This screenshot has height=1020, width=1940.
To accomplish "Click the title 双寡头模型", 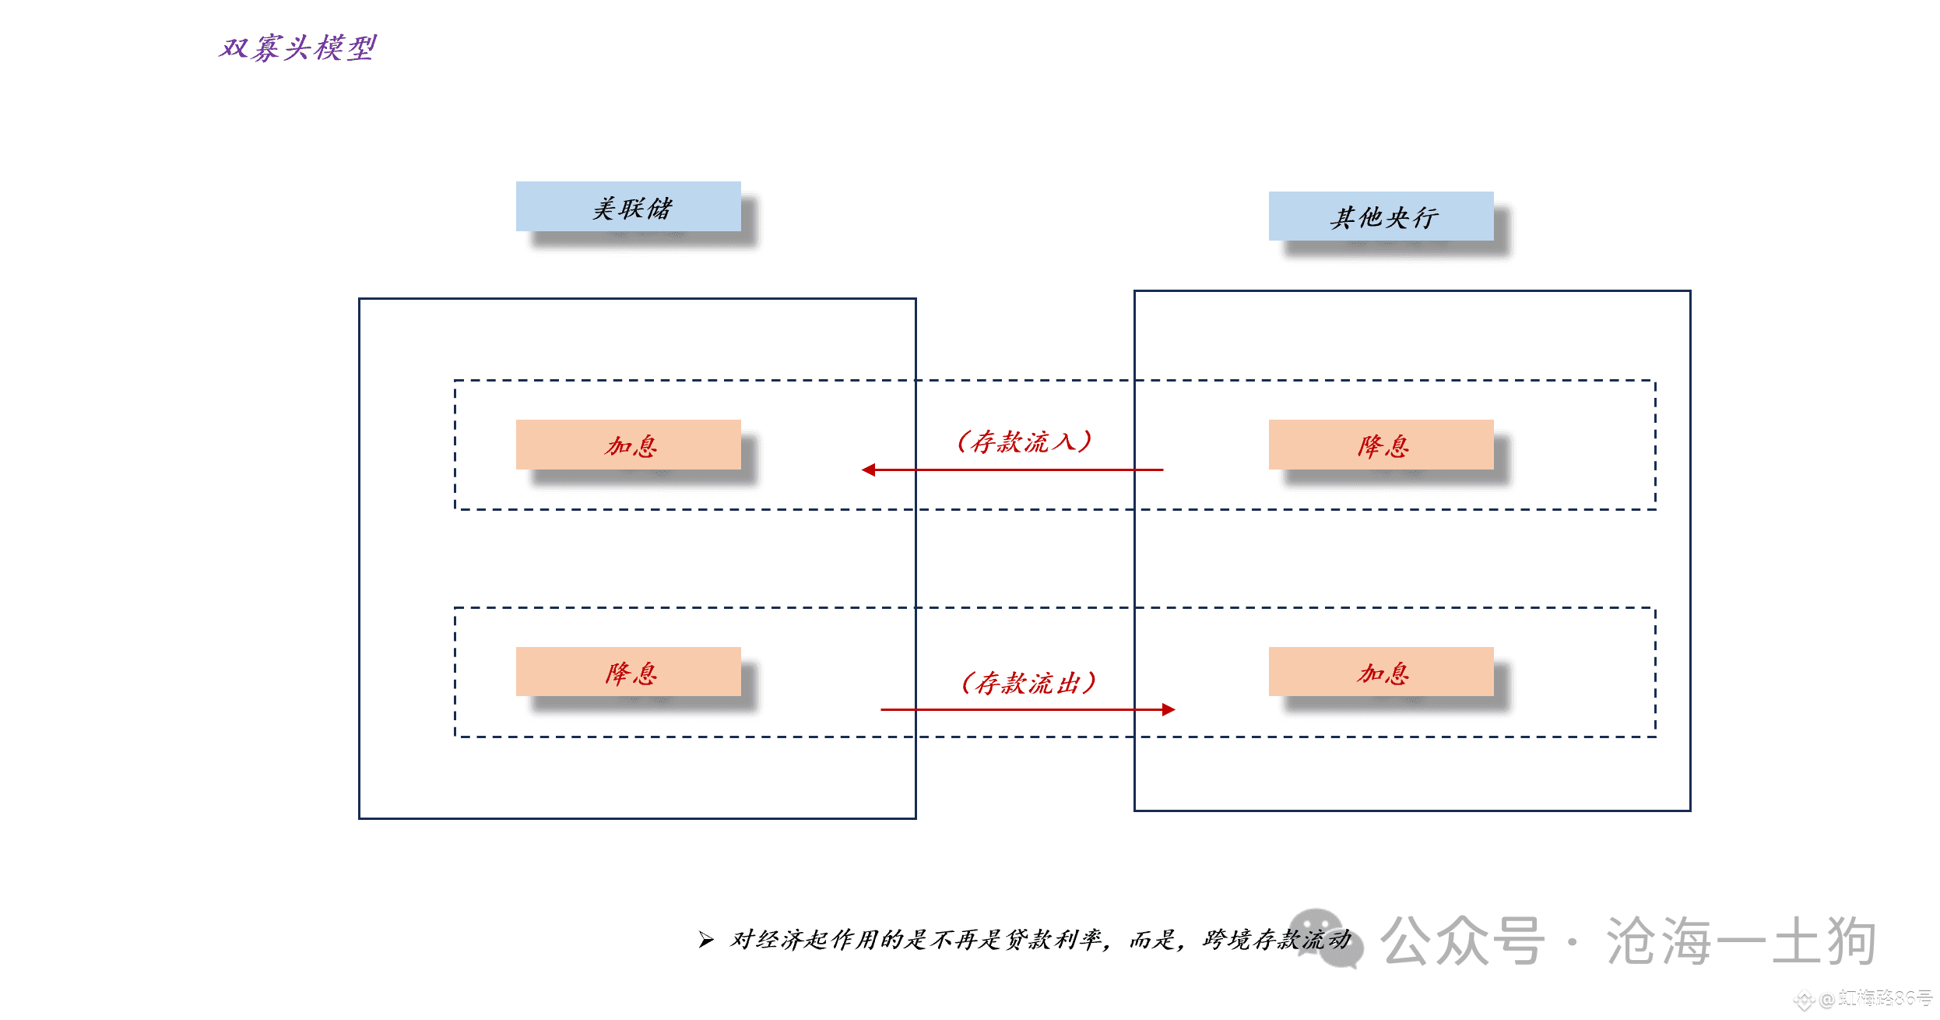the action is click(x=297, y=47).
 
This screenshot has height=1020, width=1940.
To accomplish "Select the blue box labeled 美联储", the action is click(x=628, y=206).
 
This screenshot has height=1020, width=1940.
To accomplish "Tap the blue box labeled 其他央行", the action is click(x=1381, y=216).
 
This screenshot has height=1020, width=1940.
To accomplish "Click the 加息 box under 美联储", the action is click(x=628, y=445).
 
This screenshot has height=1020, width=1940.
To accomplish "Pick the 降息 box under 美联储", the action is click(x=628, y=671).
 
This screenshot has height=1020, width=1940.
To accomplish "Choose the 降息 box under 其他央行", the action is click(x=1381, y=445).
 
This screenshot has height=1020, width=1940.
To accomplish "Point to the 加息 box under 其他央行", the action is click(x=1381, y=671).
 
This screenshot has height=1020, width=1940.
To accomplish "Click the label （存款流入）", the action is click(x=1024, y=441).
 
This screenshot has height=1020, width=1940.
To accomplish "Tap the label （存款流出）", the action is click(x=1028, y=683).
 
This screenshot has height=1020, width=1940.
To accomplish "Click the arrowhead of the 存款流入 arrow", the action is click(x=868, y=470).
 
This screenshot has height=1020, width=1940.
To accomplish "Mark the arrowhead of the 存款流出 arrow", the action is click(x=1169, y=709).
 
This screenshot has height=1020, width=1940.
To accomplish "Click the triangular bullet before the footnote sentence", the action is click(x=706, y=940).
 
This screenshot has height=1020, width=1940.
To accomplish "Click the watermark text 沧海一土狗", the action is click(x=1741, y=941).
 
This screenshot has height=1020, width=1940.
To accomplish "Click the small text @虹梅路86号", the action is click(x=1875, y=998).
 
